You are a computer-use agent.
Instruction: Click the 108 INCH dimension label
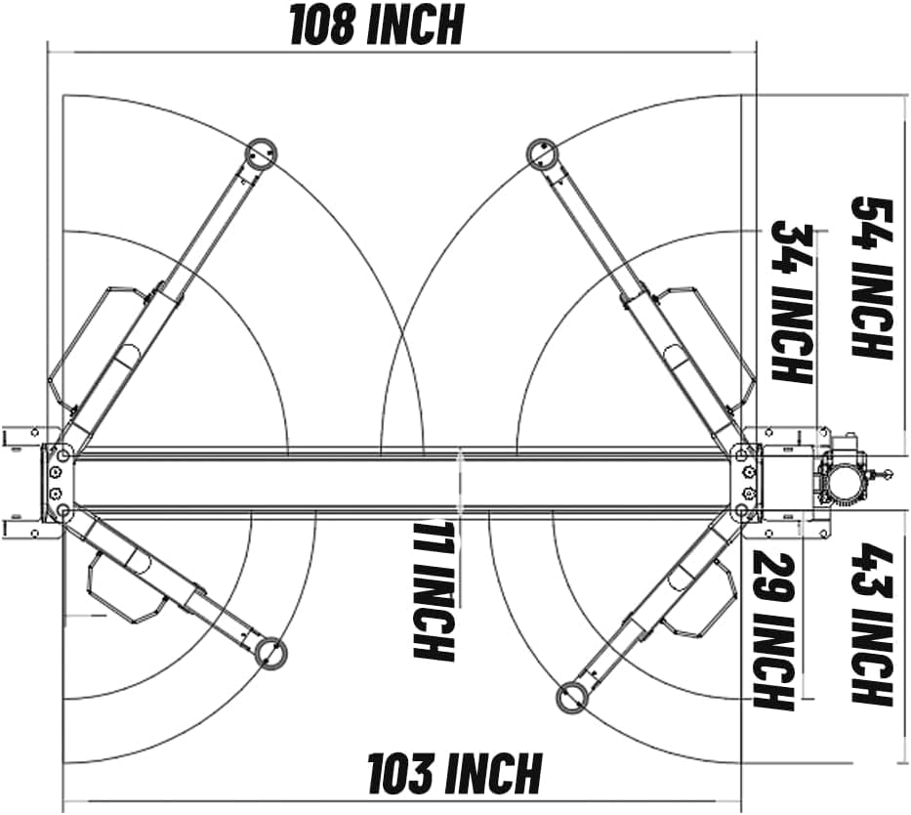click(376, 25)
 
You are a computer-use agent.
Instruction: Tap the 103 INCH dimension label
click(453, 774)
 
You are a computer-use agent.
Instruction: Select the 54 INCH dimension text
click(872, 279)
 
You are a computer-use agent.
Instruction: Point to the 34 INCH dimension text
click(793, 301)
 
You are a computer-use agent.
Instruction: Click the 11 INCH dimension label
click(434, 590)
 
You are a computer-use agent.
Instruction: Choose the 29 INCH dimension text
click(772, 630)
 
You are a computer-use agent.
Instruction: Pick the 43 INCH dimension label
click(872, 623)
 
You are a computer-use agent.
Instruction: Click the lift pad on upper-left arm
click(261, 152)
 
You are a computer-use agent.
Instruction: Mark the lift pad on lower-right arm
click(570, 697)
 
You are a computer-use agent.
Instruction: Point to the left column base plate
click(56, 483)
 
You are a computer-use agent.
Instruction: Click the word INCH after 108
click(417, 25)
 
